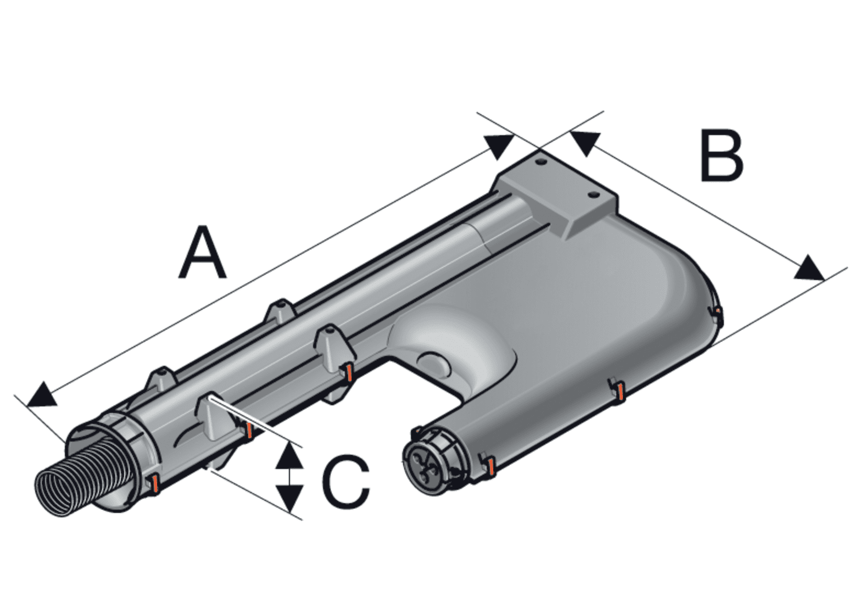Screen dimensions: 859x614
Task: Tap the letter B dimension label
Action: click(x=722, y=155)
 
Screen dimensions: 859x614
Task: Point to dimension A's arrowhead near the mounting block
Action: click(x=499, y=147)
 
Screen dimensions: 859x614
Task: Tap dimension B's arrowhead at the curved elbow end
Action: click(x=809, y=268)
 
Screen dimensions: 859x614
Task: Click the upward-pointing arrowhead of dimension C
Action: click(x=289, y=455)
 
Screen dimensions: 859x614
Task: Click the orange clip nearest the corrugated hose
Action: click(x=154, y=484)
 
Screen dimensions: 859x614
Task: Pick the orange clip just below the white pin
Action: click(x=249, y=430)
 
